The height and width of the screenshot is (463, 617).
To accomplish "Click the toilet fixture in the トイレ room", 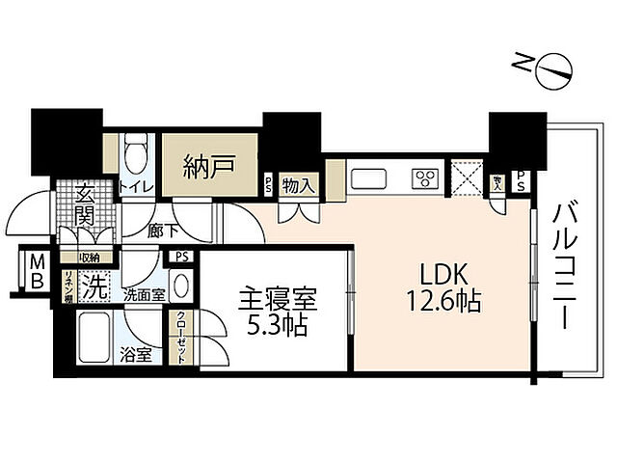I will (x=136, y=152).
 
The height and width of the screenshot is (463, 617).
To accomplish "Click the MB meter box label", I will (x=36, y=272).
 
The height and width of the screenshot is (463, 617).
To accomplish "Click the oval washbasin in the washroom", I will (x=182, y=288).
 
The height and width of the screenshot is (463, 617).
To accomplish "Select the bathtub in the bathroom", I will (x=97, y=335).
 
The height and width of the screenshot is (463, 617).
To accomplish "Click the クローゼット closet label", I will (x=180, y=339).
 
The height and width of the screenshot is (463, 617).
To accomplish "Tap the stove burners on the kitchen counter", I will (x=425, y=177).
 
